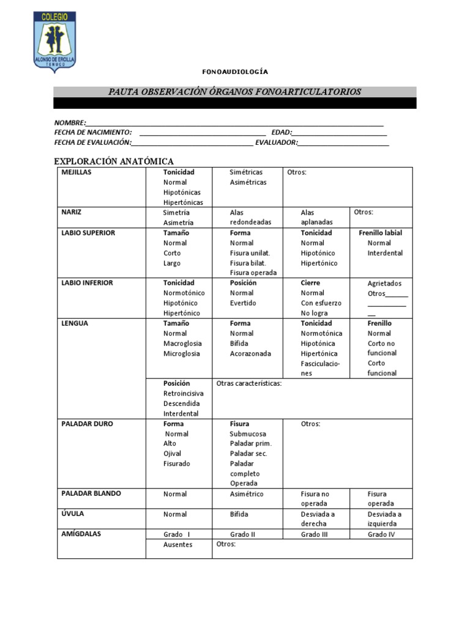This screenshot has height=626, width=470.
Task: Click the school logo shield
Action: (54, 40)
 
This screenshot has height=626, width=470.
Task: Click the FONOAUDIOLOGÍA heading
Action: (235, 72)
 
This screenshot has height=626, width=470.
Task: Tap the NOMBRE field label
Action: (69, 123)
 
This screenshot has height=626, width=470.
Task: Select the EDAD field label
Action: (281, 133)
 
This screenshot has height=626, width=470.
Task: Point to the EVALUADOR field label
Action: (276, 142)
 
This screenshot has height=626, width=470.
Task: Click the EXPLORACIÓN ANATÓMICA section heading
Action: (114, 161)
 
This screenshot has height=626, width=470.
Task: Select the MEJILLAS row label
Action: (76, 172)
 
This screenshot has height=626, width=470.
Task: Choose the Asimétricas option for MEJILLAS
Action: (248, 182)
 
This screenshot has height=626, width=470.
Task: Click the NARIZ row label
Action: (72, 212)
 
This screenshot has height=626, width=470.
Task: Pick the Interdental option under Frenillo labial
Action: (385, 253)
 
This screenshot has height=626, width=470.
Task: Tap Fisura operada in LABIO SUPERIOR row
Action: (253, 273)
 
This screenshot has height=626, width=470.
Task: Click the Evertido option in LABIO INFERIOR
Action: (243, 303)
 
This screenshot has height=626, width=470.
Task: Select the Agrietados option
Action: (384, 284)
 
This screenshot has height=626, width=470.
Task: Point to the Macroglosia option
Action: (182, 344)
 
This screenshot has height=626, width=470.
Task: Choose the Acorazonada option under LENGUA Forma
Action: (250, 353)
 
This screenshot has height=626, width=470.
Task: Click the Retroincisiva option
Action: (183, 394)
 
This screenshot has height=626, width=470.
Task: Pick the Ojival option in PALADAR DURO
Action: (173, 454)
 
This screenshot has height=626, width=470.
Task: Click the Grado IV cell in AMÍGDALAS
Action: (381, 534)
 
